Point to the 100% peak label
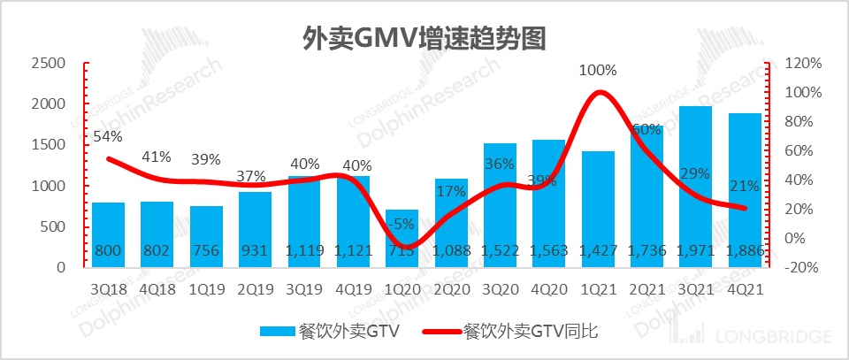pyautogui.click(x=598, y=71)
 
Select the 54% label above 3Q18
pyautogui.click(x=108, y=137)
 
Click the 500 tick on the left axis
pyautogui.click(x=54, y=226)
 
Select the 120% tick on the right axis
pyautogui.click(x=803, y=64)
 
